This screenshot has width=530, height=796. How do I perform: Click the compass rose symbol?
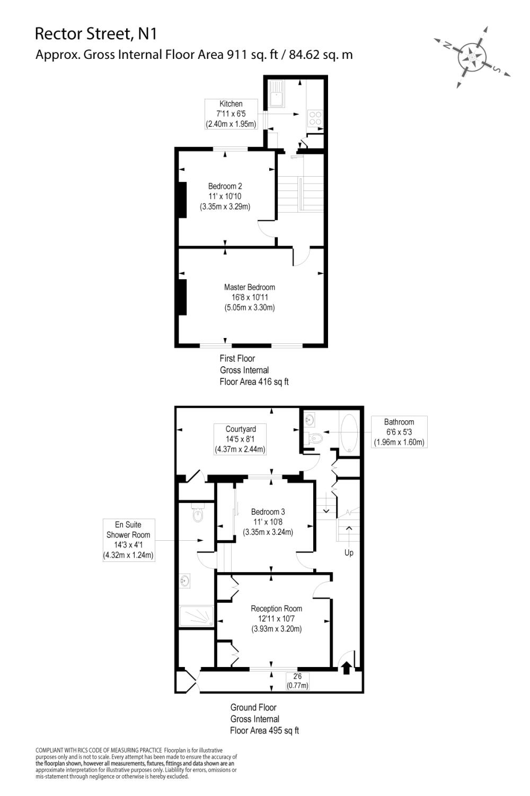pos(471,56)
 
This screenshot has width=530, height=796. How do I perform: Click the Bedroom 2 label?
pos(225,196)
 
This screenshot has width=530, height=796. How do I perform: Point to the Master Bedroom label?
pos(249,297)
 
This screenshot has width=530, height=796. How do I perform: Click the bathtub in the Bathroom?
pos(349,432)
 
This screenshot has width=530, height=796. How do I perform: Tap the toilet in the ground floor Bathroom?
pos(315,439)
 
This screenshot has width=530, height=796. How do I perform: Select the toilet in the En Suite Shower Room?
pos(198,513)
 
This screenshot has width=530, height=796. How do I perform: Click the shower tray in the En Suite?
pos(197,616)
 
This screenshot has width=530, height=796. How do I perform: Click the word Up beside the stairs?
pos(349,553)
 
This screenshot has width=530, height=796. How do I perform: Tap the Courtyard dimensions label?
pos(240,439)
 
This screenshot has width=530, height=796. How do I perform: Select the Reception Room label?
pos(276,619)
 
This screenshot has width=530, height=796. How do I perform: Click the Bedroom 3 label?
pos(268,522)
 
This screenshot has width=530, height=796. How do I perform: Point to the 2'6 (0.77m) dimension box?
pos(297,681)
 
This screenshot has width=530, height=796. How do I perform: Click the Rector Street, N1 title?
pos(95,33)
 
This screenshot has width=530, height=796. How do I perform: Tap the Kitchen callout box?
pos(231,114)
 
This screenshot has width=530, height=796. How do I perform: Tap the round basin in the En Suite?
pos(185,581)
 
